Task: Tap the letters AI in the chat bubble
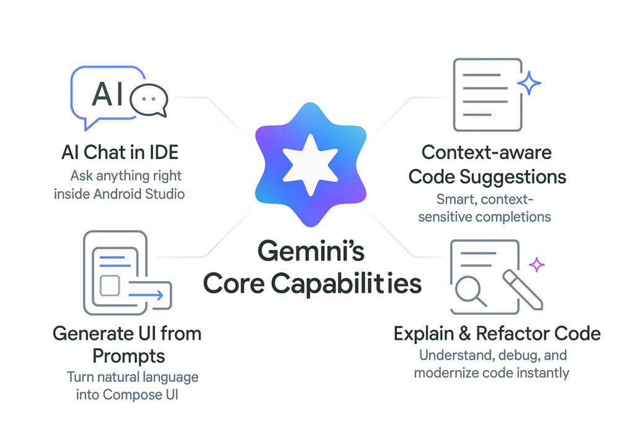click(107, 95)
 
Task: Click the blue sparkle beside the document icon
click(528, 83)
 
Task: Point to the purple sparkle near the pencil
click(536, 265)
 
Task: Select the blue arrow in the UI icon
click(149, 295)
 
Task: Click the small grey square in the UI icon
click(109, 286)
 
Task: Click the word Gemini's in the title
click(311, 253)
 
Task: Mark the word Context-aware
click(486, 153)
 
